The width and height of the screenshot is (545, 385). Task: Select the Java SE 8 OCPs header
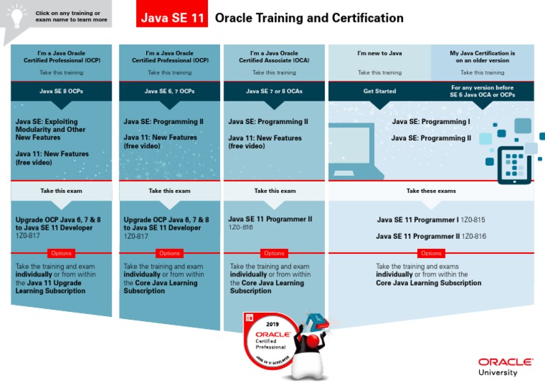tap(61, 91)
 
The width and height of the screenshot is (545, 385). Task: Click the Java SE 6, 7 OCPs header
tap(170, 91)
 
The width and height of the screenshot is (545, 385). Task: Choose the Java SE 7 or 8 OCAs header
tap(274, 91)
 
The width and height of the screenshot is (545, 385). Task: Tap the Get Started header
tap(380, 91)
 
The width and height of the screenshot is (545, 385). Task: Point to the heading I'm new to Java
tap(380, 53)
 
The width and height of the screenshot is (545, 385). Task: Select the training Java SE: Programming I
tap(431, 122)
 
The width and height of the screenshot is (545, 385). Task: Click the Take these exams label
tap(431, 191)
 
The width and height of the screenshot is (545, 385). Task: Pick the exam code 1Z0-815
tap(473, 220)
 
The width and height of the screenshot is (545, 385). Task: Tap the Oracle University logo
tap(506, 366)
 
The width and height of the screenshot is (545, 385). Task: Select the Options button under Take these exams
tap(431, 253)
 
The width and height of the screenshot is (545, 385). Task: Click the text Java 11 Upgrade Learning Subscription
tap(50, 286)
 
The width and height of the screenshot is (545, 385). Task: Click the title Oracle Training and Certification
tap(309, 18)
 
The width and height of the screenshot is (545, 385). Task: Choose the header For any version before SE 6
tap(483, 91)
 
